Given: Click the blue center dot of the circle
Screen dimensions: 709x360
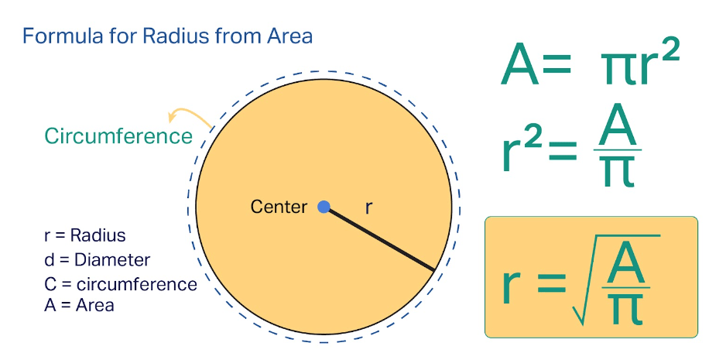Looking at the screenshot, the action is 324,207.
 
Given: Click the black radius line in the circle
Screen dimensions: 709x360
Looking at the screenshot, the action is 379,239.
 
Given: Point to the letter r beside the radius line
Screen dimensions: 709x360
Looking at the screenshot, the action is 368,207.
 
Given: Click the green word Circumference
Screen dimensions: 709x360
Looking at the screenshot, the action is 118,136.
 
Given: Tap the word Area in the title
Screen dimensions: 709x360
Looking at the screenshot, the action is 288,36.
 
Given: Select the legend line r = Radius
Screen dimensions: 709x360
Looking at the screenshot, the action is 85,235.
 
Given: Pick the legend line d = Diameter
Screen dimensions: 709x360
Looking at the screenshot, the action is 98,259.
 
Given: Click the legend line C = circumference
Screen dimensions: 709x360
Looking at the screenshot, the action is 121,284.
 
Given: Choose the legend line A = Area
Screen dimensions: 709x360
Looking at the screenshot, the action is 79,305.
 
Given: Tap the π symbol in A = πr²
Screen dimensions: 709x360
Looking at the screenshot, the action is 616,68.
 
